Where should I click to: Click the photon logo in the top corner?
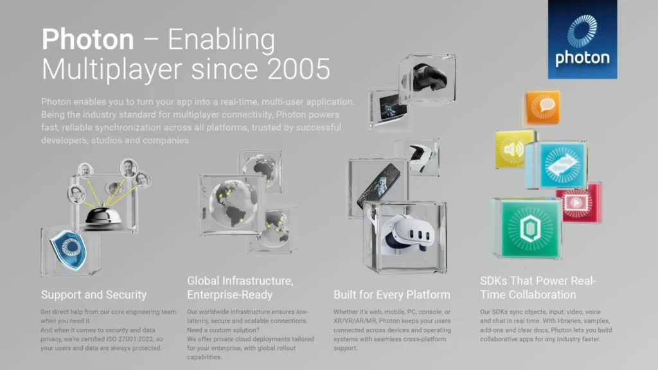click(582, 39)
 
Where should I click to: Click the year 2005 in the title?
click(298, 69)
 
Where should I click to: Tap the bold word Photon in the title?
click(87, 39)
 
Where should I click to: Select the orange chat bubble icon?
click(543, 107)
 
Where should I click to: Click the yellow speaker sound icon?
click(513, 149)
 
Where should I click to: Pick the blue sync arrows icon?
click(562, 165)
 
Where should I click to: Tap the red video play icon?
click(578, 203)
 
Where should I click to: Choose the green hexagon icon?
click(530, 228)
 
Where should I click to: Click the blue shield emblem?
click(68, 250)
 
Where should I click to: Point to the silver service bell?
click(103, 216)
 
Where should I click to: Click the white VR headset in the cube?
click(405, 235)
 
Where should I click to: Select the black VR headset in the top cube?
click(427, 77)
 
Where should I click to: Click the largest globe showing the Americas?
click(233, 204)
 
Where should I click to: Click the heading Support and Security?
click(94, 295)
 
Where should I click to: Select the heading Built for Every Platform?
click(392, 295)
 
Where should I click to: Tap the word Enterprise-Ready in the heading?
click(230, 295)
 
